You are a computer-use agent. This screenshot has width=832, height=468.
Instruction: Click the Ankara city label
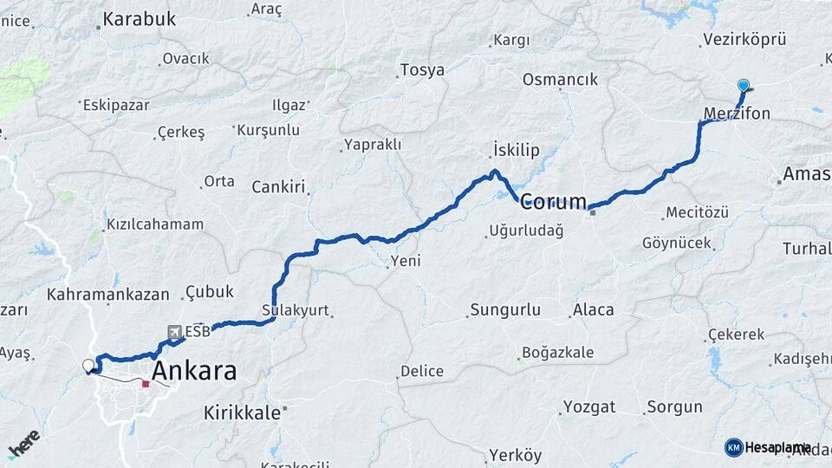[x=194, y=371]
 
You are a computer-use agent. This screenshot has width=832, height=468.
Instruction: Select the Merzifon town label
[x=737, y=114]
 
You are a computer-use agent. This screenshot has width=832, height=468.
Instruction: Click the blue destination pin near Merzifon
[x=743, y=85]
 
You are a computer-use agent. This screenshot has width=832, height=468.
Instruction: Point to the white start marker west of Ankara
[x=88, y=366]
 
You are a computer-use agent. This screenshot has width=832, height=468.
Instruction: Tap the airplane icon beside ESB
[x=175, y=331]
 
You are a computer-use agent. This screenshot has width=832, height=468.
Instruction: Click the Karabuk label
[x=139, y=18]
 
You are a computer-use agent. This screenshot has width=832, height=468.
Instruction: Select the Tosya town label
[x=422, y=70]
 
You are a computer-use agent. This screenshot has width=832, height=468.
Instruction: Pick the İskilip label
[x=516, y=150]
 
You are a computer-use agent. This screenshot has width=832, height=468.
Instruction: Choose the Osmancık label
[x=560, y=80]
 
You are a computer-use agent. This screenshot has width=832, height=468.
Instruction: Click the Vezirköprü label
[x=744, y=39]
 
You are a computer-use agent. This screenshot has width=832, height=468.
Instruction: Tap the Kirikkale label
[x=243, y=413]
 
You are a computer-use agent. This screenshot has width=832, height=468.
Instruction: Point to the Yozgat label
[x=589, y=406]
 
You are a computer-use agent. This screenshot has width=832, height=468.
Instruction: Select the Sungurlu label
[x=504, y=309]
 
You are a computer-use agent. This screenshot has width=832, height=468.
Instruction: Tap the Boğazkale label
[x=557, y=353]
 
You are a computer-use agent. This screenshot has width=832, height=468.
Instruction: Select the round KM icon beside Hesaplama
[x=733, y=447]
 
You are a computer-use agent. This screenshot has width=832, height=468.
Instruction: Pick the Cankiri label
[x=279, y=187]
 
